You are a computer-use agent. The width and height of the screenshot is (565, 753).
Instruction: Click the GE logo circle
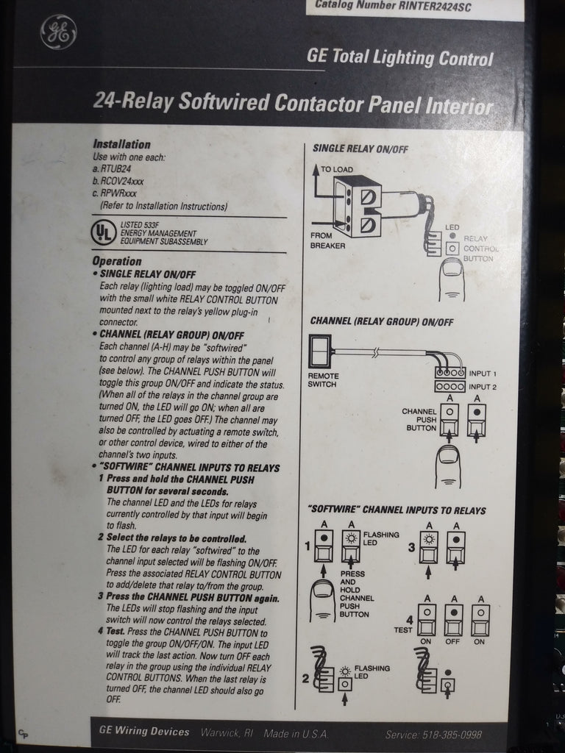(59, 33)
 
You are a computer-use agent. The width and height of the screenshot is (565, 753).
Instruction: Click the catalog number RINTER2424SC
(393, 7)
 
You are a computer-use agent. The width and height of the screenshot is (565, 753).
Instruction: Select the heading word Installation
(121, 145)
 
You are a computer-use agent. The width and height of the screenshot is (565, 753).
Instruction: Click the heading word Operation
(117, 261)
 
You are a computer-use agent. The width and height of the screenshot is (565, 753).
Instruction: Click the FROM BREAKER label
(327, 240)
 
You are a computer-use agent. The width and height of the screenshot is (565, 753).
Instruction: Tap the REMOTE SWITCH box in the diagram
(321, 351)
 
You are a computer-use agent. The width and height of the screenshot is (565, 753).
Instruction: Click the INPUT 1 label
(483, 374)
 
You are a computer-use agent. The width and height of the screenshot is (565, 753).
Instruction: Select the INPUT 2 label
(483, 387)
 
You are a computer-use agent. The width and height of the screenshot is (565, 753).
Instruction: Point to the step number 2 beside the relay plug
(306, 678)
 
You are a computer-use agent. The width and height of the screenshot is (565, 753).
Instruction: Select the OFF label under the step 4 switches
(453, 641)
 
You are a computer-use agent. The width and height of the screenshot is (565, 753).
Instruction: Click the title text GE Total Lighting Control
(399, 58)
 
